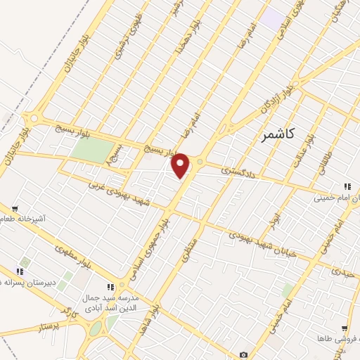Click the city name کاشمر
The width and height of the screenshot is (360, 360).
pos(276,134)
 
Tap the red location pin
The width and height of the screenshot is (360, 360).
pos(181,165)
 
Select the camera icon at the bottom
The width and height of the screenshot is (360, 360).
pos(243,355)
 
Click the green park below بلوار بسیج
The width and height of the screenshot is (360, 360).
pos(93,150)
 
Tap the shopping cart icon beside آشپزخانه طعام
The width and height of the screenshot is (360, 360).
pos(15,208)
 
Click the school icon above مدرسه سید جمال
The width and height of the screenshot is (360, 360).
pos(110,287)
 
